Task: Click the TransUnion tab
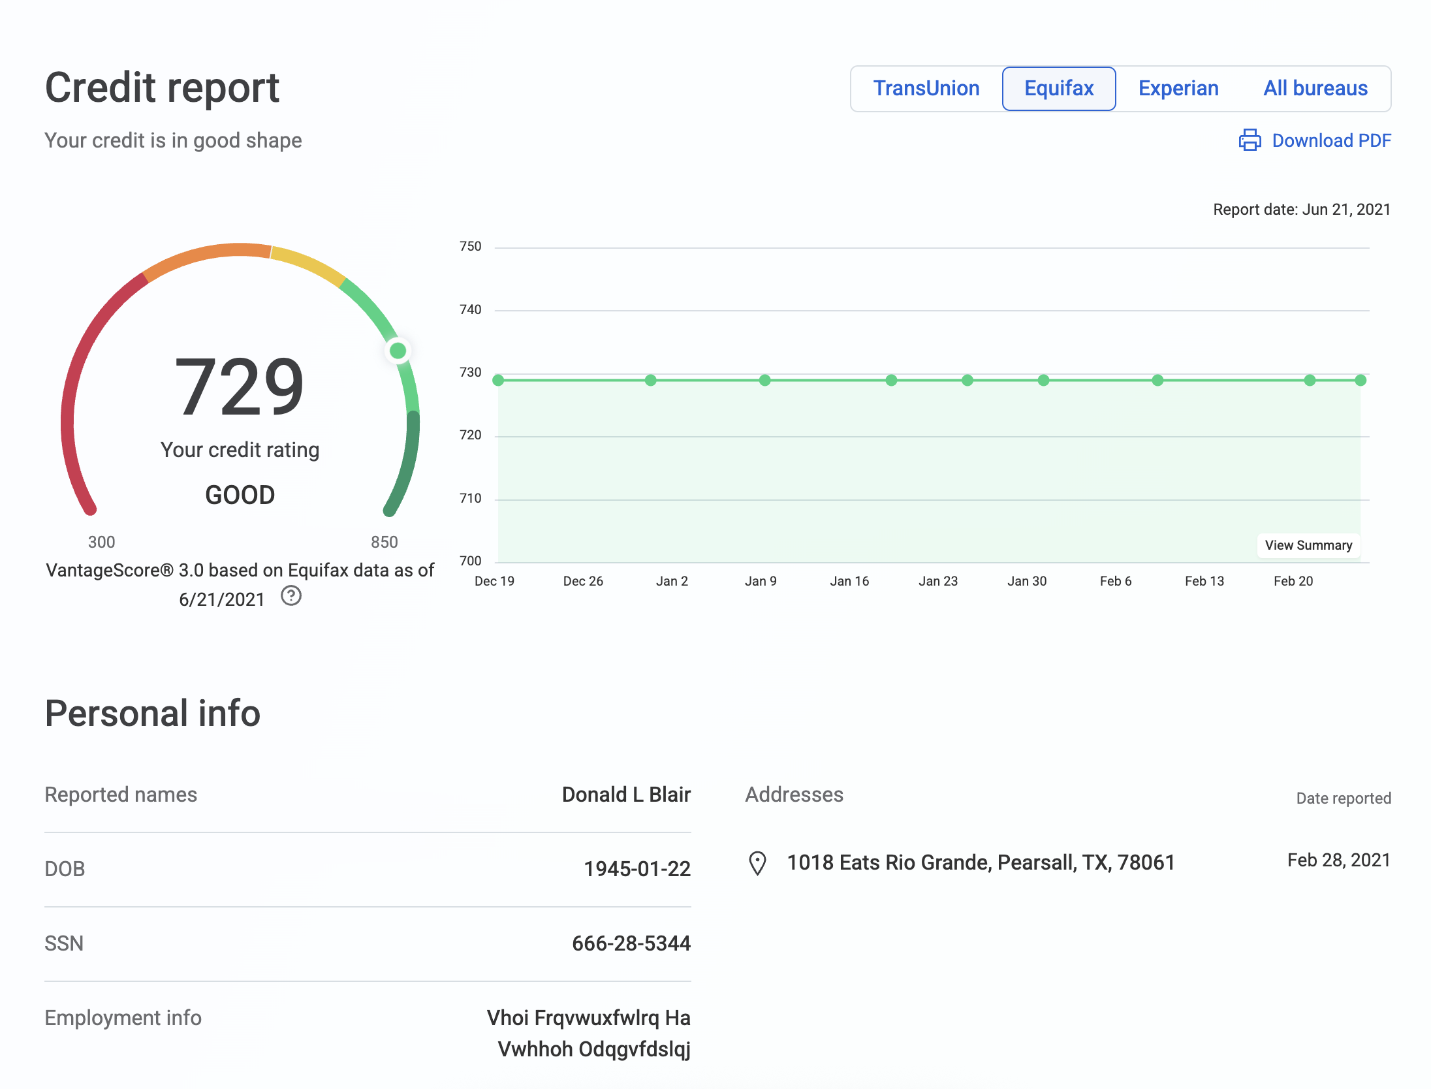(926, 88)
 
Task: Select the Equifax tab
(1058, 88)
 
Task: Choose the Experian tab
(1178, 88)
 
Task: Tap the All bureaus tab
(1315, 88)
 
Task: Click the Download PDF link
(1331, 140)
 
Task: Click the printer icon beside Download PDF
(1250, 140)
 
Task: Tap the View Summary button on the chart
(1308, 545)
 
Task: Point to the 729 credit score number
(240, 387)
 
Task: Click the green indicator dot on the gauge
(398, 351)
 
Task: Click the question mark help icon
(291, 596)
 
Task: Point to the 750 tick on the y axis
(470, 247)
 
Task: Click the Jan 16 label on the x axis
(849, 581)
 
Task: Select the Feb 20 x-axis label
(1293, 581)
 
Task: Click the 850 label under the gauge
(384, 542)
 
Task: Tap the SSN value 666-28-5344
(631, 943)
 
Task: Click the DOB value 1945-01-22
(637, 869)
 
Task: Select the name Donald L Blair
(625, 795)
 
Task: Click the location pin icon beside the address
(757, 863)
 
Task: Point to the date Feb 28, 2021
(1338, 860)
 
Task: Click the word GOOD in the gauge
(240, 495)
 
